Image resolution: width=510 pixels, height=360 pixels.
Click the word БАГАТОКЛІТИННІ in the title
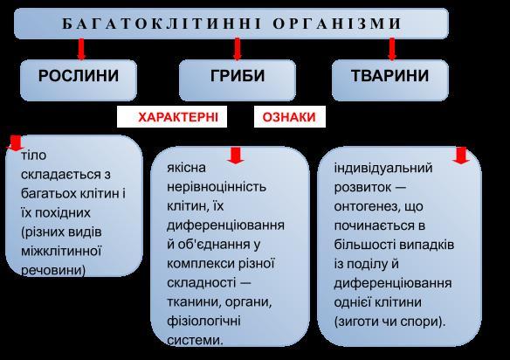click(x=162, y=24)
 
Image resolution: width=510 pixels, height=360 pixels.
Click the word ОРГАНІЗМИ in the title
click(x=337, y=24)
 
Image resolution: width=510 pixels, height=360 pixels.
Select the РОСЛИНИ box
click(x=79, y=80)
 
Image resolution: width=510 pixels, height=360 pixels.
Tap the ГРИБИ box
click(x=238, y=80)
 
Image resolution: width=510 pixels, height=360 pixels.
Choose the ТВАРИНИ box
click(x=390, y=80)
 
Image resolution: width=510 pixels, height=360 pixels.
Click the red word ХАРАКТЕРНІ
click(x=178, y=117)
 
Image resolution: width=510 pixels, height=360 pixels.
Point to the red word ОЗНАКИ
click(x=289, y=117)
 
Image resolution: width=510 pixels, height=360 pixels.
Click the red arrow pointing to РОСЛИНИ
click(x=81, y=49)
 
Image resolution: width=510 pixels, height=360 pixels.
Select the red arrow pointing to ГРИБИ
click(x=238, y=49)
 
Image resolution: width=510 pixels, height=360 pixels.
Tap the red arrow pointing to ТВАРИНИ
click(x=392, y=49)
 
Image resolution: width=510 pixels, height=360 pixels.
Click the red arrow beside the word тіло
click(x=15, y=143)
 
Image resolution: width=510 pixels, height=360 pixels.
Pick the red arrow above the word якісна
click(x=236, y=156)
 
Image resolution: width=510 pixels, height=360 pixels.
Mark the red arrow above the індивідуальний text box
click(x=461, y=156)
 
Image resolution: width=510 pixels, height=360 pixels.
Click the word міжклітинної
click(x=61, y=252)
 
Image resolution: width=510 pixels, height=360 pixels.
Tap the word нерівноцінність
click(x=217, y=187)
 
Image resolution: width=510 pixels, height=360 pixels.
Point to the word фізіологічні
click(x=203, y=322)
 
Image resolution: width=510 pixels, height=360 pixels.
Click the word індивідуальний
click(x=383, y=169)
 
